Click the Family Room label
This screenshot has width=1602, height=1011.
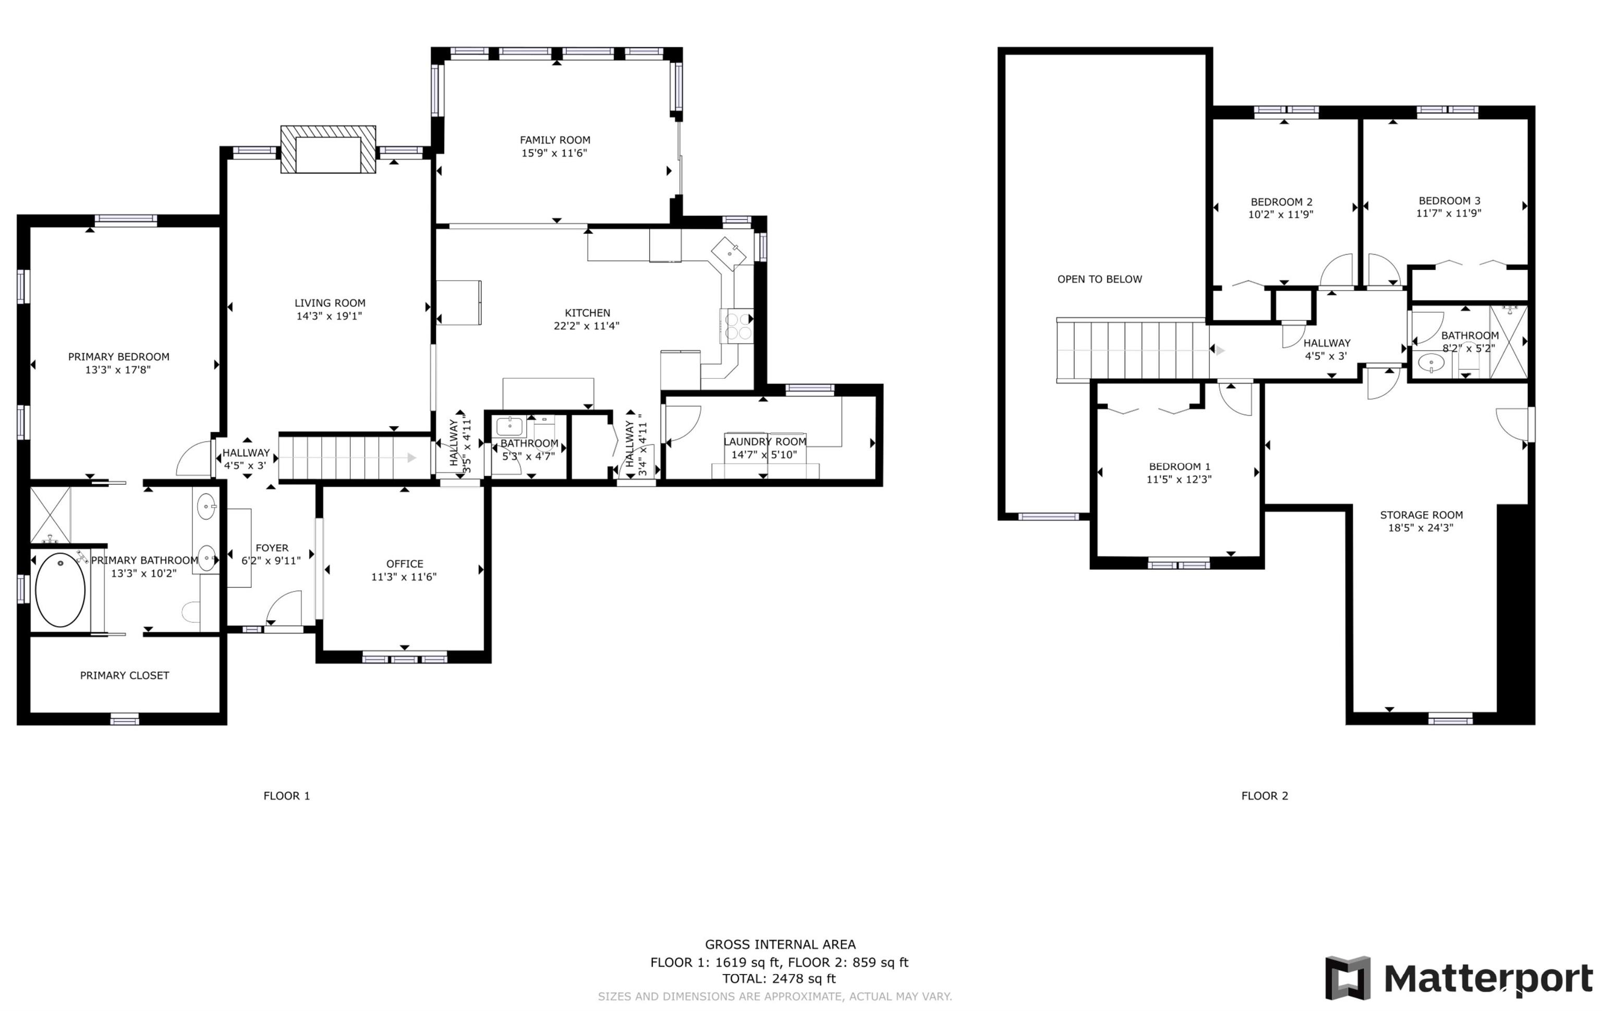[x=555, y=140]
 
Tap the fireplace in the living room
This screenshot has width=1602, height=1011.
[x=328, y=149]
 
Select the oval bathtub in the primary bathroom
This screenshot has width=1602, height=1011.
[x=60, y=589]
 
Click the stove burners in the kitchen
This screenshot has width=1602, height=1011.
[x=736, y=326]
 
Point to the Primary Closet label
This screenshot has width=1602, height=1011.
[x=125, y=676]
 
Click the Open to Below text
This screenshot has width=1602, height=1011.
[x=1100, y=280]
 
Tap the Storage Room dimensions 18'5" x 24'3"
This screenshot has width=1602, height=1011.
[x=1421, y=528]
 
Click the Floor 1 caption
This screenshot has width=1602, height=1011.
[x=287, y=796]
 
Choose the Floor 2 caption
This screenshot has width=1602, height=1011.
[x=1265, y=796]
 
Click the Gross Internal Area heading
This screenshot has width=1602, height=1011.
[x=780, y=944]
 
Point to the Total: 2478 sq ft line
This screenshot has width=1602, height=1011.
[x=779, y=978]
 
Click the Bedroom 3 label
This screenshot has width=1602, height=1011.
[x=1450, y=200]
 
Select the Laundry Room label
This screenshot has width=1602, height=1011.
[x=765, y=441]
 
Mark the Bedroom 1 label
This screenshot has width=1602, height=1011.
[x=1180, y=466]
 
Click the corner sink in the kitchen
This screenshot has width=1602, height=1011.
[x=729, y=252]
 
